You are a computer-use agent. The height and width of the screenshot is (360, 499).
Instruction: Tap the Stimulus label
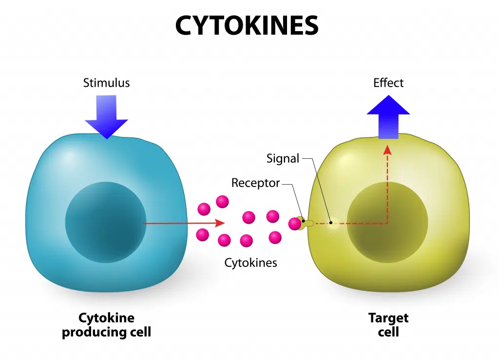106,83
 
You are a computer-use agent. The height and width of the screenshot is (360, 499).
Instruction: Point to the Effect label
388,83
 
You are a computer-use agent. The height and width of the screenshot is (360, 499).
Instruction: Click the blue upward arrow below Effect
388,117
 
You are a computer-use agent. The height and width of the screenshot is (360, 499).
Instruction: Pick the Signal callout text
283,158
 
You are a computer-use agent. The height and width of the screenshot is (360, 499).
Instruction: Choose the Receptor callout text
255,183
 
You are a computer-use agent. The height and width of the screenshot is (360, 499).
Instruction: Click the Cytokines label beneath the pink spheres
250,263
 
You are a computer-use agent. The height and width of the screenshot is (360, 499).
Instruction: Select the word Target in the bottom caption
388,319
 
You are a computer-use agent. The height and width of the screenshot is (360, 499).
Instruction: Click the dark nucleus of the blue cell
106,222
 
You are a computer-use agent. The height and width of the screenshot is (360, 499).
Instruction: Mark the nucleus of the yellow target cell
387,222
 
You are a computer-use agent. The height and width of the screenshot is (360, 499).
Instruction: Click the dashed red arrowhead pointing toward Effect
388,148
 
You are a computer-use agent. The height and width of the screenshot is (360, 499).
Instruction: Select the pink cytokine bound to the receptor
295,224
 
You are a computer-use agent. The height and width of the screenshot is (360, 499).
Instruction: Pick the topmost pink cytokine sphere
222,201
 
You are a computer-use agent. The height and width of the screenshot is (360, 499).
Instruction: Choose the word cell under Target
388,332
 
